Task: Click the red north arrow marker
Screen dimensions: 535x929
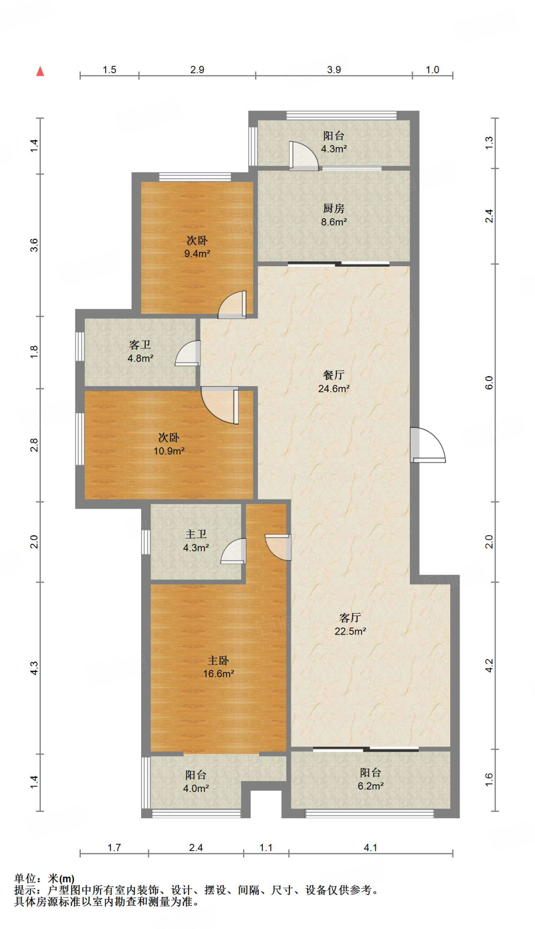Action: pos(40,71)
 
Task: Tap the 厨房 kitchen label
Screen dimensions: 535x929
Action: pos(334,208)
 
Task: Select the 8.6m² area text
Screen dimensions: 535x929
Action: pos(334,222)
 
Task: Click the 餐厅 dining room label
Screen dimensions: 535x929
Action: pos(334,375)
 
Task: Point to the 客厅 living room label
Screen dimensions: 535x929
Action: pos(350,617)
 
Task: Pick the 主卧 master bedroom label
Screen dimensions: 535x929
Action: pos(218,660)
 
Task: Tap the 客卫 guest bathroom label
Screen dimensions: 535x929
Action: pos(140,345)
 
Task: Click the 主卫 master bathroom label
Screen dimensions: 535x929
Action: pos(196,534)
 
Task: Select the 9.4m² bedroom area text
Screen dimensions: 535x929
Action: pos(197,254)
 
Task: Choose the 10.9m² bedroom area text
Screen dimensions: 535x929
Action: pos(169,451)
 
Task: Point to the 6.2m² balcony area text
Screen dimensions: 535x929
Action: pos(371,786)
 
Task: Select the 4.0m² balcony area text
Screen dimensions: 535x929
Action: pos(196,788)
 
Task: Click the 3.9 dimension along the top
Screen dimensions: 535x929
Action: pos(334,69)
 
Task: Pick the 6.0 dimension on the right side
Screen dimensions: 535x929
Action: pos(489,383)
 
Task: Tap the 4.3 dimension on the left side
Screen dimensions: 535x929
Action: pos(34,668)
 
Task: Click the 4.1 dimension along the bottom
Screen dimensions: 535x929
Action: pos(371,847)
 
